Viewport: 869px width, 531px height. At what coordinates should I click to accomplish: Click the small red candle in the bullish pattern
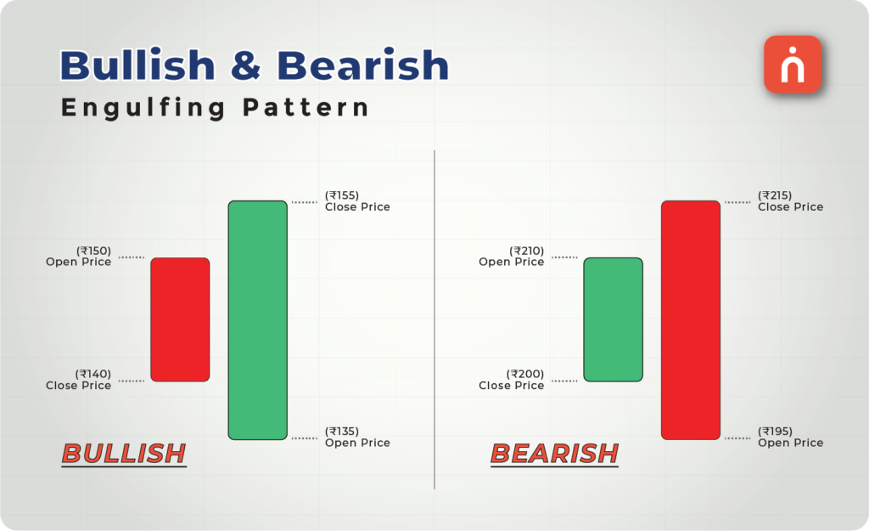tap(180, 319)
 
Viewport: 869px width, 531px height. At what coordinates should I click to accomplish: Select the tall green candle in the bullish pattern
tap(257, 320)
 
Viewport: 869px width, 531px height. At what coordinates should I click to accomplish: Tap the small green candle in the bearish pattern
tap(613, 319)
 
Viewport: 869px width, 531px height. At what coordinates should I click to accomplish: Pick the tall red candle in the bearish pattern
tap(691, 320)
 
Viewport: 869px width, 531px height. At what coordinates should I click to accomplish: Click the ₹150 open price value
tap(93, 251)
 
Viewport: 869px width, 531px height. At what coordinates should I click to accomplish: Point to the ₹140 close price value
tap(93, 374)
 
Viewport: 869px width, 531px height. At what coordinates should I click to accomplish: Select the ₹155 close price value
tap(342, 195)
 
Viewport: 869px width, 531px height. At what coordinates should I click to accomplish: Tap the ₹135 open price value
tap(342, 431)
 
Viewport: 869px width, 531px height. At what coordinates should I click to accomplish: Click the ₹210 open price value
tap(526, 251)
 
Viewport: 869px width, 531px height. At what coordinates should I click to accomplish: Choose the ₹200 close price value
tap(526, 374)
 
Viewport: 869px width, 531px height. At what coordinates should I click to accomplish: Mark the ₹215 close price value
tap(775, 195)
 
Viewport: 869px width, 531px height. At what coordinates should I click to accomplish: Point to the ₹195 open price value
tap(775, 431)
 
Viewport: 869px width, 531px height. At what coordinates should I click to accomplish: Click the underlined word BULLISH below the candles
tap(124, 454)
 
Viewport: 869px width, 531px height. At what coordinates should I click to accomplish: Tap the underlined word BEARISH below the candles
tap(555, 454)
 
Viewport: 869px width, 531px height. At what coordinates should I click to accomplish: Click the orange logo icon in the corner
tap(793, 65)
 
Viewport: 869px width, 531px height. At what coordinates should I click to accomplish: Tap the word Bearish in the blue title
tap(363, 66)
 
